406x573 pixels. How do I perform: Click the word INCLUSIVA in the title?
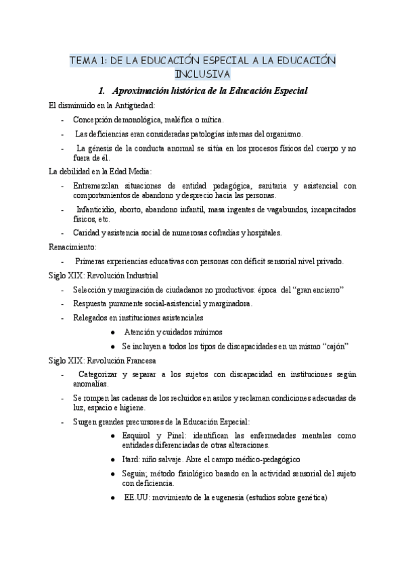(x=202, y=73)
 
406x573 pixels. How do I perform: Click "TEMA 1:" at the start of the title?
(x=86, y=61)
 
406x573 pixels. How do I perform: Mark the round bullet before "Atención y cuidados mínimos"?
(x=112, y=332)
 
